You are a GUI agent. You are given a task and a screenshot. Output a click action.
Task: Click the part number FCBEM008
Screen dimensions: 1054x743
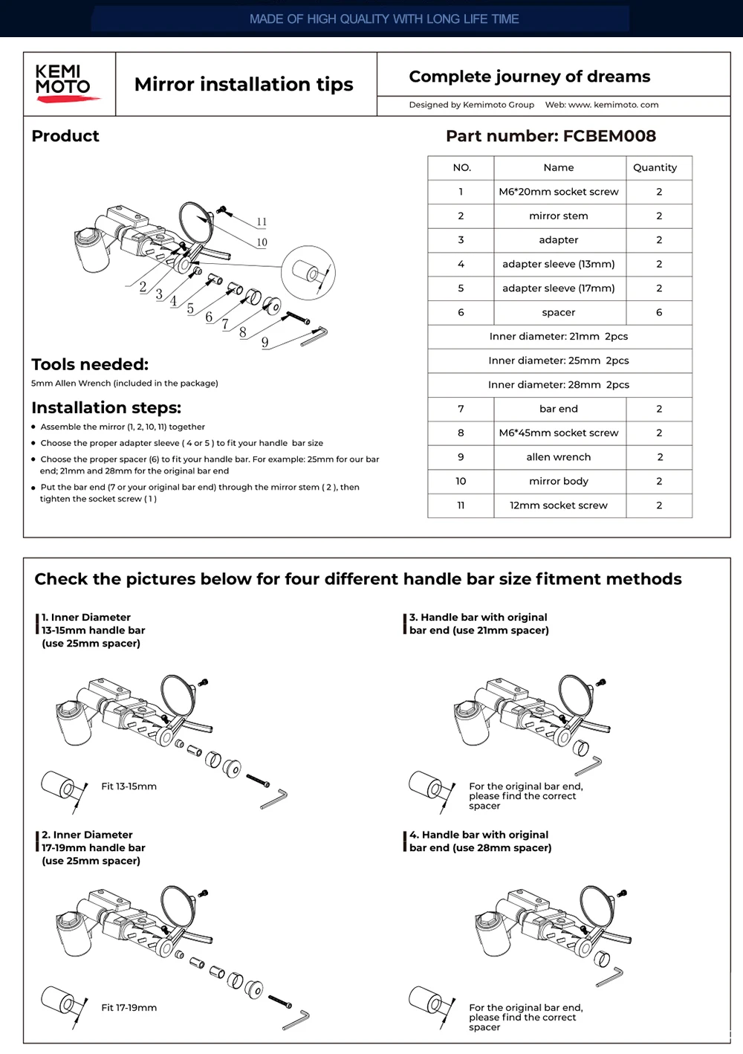(x=551, y=136)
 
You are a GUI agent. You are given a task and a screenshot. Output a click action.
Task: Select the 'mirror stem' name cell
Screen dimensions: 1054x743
(x=559, y=216)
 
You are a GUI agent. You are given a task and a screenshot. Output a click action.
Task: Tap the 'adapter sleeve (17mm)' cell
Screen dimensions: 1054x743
(x=559, y=288)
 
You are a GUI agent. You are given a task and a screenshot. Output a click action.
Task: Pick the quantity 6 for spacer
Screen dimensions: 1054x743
(x=659, y=312)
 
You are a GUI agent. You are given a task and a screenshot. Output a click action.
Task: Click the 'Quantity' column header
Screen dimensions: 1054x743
(x=655, y=168)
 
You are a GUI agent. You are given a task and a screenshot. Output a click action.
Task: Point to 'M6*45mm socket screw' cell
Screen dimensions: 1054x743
(x=559, y=433)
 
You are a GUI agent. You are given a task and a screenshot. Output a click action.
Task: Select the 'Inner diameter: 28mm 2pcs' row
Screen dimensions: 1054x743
(x=559, y=384)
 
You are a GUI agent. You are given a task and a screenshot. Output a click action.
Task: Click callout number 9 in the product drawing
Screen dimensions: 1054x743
(x=265, y=343)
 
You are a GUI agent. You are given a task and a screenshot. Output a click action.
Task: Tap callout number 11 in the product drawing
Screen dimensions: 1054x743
(x=262, y=222)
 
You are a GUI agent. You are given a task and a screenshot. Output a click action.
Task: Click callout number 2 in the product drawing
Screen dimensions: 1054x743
(x=143, y=286)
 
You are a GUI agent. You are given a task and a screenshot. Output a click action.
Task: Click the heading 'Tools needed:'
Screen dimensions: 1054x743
(x=90, y=364)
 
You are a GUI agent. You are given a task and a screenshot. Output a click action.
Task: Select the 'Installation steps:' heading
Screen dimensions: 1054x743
(x=106, y=407)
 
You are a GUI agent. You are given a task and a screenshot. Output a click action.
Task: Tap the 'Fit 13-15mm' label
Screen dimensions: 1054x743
(x=129, y=786)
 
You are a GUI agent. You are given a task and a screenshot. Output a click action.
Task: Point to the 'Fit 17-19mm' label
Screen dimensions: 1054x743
(x=129, y=1008)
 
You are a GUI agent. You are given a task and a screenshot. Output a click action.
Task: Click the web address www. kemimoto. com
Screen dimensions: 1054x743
(x=613, y=105)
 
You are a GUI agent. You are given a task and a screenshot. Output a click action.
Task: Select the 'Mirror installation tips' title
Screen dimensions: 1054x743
(x=244, y=84)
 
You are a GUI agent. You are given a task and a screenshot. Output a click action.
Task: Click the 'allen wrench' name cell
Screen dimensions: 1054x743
(x=559, y=457)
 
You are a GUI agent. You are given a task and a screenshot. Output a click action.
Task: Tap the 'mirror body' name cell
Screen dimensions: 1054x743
(x=559, y=481)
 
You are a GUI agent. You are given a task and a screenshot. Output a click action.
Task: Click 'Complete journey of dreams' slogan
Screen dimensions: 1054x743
(x=529, y=77)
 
